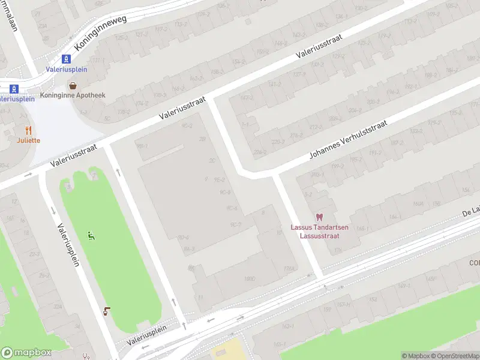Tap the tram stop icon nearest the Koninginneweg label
point(67,59)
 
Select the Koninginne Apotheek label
point(73,95)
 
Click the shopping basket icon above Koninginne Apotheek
point(73,86)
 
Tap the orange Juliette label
point(28,140)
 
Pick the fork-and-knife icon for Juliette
point(28,130)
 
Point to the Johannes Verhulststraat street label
point(349,139)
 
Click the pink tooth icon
point(319,217)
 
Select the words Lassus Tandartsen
point(319,227)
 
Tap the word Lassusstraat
point(319,235)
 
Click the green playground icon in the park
point(91,236)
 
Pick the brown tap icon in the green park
point(107,310)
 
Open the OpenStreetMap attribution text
point(454,356)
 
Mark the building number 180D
point(250,279)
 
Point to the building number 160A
point(418,203)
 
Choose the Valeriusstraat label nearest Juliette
point(74,155)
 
